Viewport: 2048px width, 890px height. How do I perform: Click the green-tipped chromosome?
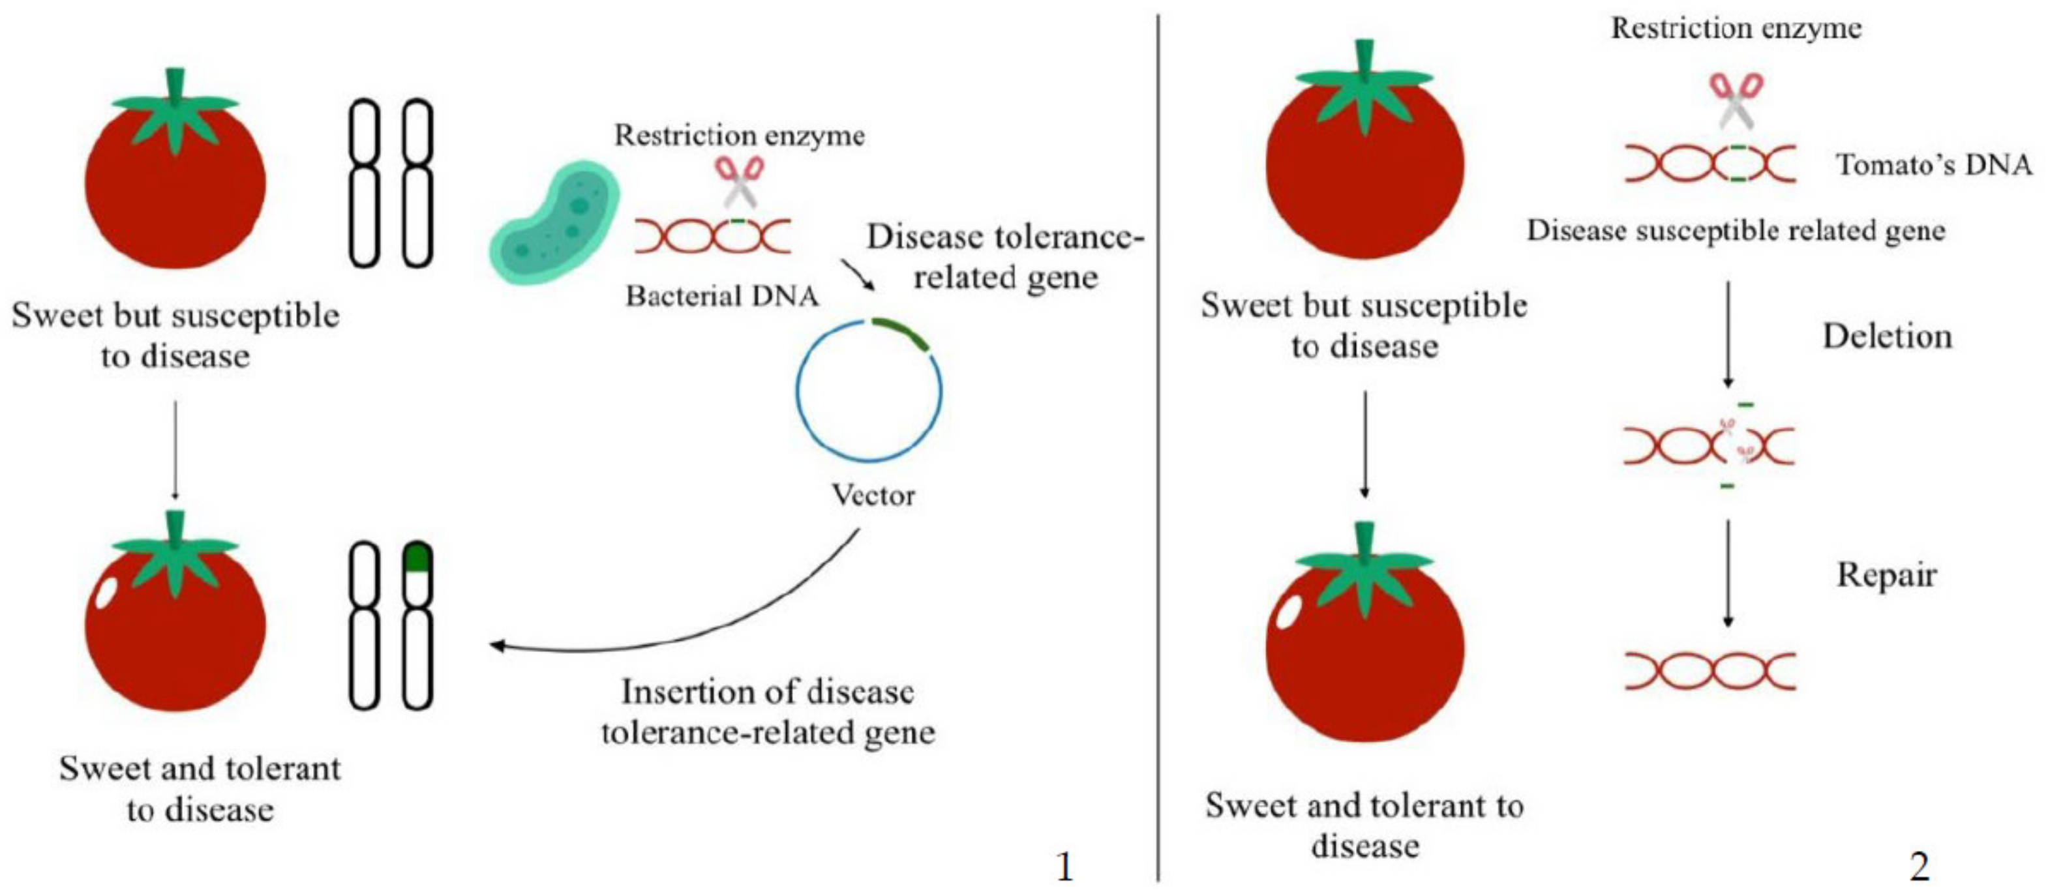coord(417,625)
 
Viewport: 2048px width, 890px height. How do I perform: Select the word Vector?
coord(873,495)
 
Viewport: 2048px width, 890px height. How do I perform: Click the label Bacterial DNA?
coord(722,295)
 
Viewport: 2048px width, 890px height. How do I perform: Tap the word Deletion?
coord(1888,336)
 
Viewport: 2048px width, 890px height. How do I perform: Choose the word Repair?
coord(1886,574)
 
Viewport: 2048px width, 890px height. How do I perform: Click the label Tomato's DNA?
coord(1933,164)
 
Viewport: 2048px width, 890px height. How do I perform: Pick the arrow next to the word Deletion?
coord(1727,334)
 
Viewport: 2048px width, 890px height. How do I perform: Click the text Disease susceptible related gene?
coord(1736,230)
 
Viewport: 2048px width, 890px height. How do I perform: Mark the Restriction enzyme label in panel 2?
coord(1736,29)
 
